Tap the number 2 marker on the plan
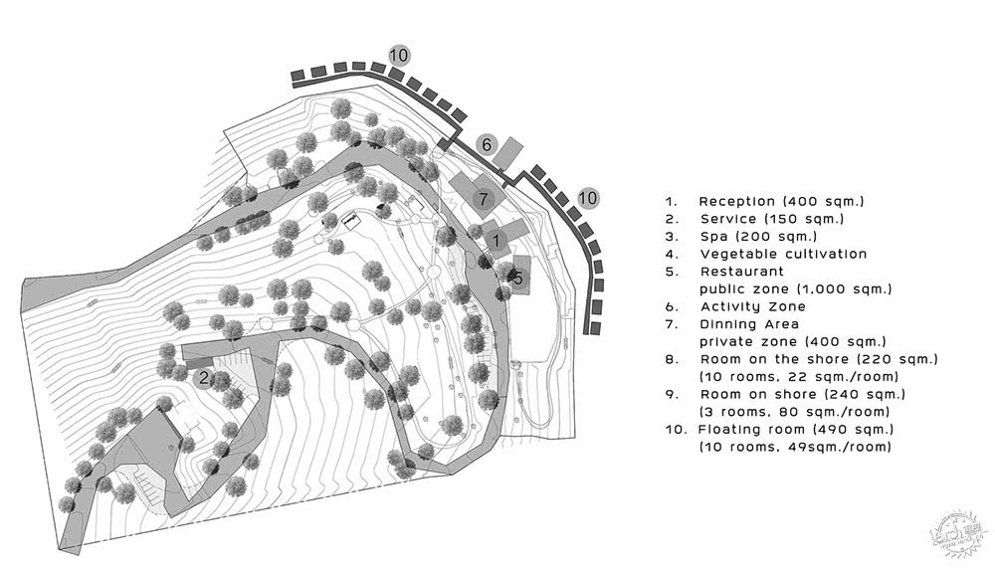[x=203, y=376]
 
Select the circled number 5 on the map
[x=517, y=279]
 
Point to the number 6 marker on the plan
[x=487, y=145]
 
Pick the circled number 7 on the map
[x=483, y=199]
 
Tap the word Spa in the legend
[x=714, y=237]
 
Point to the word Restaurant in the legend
[x=742, y=271]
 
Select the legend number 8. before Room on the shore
[x=673, y=359]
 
